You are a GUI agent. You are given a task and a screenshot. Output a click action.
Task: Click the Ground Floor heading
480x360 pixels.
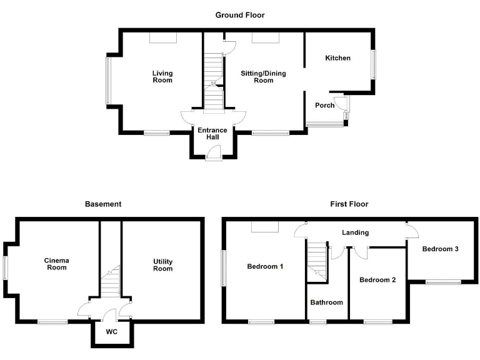(240, 15)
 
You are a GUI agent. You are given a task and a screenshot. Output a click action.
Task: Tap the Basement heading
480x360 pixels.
(103, 204)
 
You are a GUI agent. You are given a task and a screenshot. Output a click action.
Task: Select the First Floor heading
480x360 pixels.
(349, 204)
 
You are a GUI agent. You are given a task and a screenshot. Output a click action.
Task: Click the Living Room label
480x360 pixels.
(162, 77)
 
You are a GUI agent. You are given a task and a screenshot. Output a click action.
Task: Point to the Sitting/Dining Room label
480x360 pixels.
(263, 77)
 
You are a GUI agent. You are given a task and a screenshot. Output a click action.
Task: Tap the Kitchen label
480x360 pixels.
(337, 58)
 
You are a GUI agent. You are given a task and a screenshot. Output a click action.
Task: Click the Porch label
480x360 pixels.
(324, 105)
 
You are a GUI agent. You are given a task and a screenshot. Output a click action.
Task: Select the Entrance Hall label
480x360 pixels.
(212, 134)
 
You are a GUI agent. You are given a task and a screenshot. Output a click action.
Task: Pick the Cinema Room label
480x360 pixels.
(56, 264)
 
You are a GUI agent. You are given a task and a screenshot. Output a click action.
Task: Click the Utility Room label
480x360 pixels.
(162, 265)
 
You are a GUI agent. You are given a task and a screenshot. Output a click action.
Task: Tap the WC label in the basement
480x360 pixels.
(112, 331)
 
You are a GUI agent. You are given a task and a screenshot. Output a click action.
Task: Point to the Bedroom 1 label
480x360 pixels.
(265, 267)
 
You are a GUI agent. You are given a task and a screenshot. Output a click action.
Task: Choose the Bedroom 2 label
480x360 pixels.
(377, 280)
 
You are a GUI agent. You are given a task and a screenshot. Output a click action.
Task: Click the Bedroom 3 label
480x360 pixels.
(440, 249)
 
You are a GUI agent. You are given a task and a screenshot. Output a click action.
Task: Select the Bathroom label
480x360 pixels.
(327, 302)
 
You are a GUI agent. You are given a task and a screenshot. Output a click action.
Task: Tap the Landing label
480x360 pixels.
(355, 232)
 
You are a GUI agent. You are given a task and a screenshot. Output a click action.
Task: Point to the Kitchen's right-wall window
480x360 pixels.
(373, 64)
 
